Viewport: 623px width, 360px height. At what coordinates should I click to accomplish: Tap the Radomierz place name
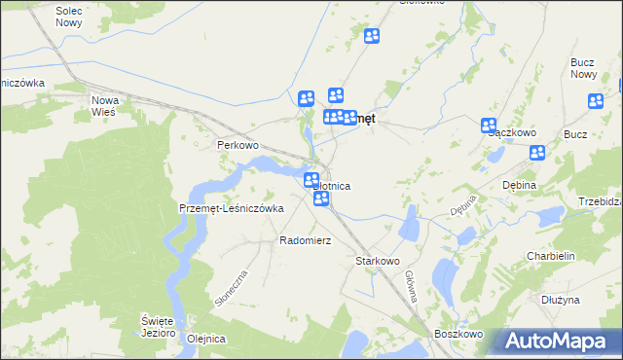[x=306, y=239]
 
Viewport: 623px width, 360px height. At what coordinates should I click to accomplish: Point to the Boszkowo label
[x=459, y=334]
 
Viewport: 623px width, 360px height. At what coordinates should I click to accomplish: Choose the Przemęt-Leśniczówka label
[x=231, y=207]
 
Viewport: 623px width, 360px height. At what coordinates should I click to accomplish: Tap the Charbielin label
[x=554, y=257]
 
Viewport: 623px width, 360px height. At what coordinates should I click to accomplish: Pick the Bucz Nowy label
[x=583, y=68]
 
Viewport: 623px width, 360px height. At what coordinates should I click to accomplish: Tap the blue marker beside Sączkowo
[x=489, y=125]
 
